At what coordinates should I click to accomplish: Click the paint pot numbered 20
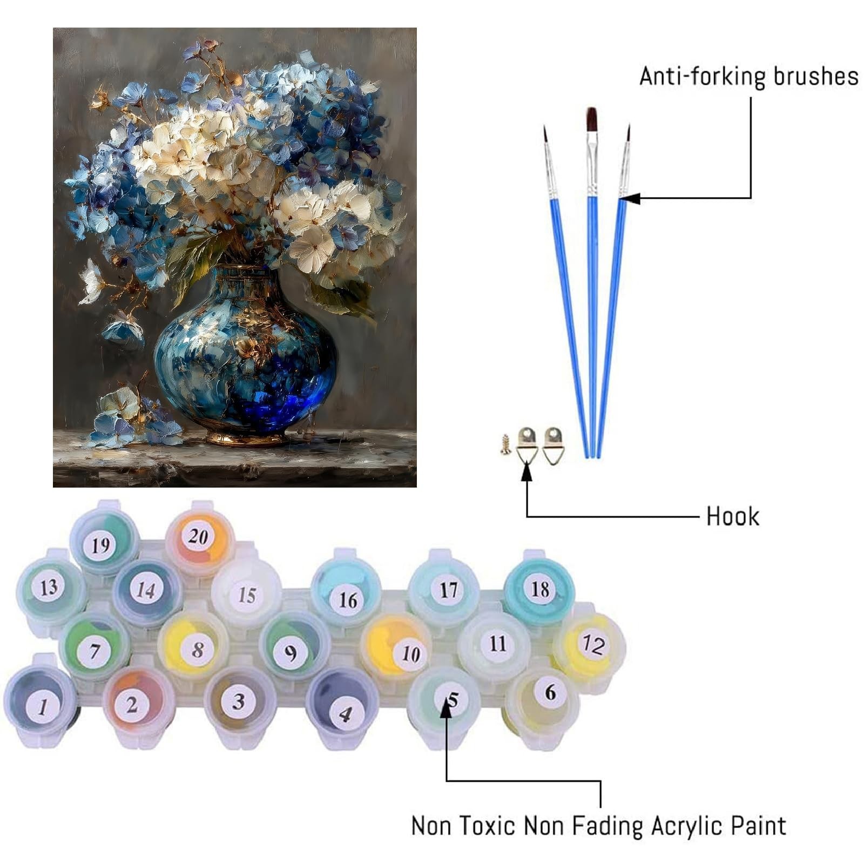click(x=199, y=538)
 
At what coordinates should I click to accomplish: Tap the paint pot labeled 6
click(x=543, y=702)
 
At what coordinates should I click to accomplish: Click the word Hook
click(x=732, y=517)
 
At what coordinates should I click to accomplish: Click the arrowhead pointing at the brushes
click(x=630, y=198)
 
